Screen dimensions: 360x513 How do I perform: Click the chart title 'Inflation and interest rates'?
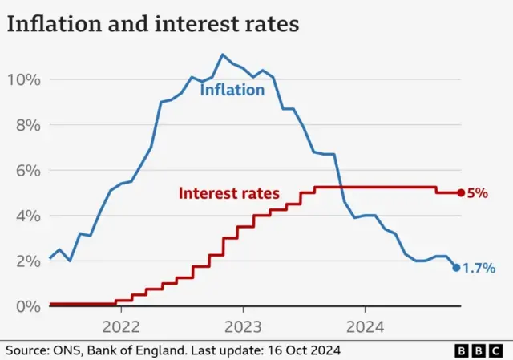pos(152,23)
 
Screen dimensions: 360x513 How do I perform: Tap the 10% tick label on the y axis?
pos(23,79)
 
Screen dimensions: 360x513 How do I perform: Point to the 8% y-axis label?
pos(26,125)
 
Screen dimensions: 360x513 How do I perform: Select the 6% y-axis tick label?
pos(26,170)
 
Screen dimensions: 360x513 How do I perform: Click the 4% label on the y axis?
pos(26,216)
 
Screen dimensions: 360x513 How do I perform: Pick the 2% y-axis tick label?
pos(26,261)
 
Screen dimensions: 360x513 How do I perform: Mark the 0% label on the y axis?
pos(26,306)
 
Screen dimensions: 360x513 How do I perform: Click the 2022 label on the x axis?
pos(121,326)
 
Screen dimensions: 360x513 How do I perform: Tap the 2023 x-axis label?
pos(243,326)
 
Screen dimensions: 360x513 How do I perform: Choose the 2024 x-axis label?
pos(365,326)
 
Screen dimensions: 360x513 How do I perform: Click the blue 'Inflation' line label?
pos(232,90)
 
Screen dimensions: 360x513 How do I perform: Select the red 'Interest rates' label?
pos(228,193)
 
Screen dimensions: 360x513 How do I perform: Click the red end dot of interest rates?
pos(460,192)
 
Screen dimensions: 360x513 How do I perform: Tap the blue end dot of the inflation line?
pos(456,268)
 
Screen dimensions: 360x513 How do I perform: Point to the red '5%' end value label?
pos(477,193)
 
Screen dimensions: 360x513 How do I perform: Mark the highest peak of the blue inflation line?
pos(222,55)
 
